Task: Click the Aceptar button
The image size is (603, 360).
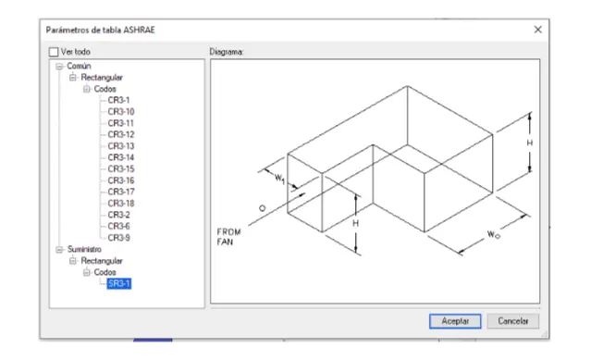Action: pos(455,321)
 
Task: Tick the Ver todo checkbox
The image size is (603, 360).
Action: pos(54,52)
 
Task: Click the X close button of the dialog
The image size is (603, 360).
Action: pos(537,30)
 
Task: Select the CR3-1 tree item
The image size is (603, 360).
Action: pos(118,100)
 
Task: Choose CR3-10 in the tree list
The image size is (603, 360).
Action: pos(121,112)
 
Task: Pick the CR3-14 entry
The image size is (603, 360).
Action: pos(121,157)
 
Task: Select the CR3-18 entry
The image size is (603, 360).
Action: pos(121,203)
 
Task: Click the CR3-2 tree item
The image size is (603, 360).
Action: pos(118,215)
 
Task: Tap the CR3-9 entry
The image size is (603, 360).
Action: pos(118,238)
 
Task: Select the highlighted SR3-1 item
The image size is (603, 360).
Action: pos(118,283)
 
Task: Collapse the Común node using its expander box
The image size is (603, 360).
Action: pos(59,67)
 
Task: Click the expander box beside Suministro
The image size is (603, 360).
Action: pos(59,250)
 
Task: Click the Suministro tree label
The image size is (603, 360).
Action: pos(84,249)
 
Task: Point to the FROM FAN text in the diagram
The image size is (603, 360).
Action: pos(228,237)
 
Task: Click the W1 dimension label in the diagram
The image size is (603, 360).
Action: pos(279,179)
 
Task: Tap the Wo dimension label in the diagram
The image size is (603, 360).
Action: pos(493,235)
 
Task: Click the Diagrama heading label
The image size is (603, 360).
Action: pos(226,52)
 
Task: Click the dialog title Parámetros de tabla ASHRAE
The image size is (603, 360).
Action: pos(101,30)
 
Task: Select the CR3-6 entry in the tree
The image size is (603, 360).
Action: pos(118,226)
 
